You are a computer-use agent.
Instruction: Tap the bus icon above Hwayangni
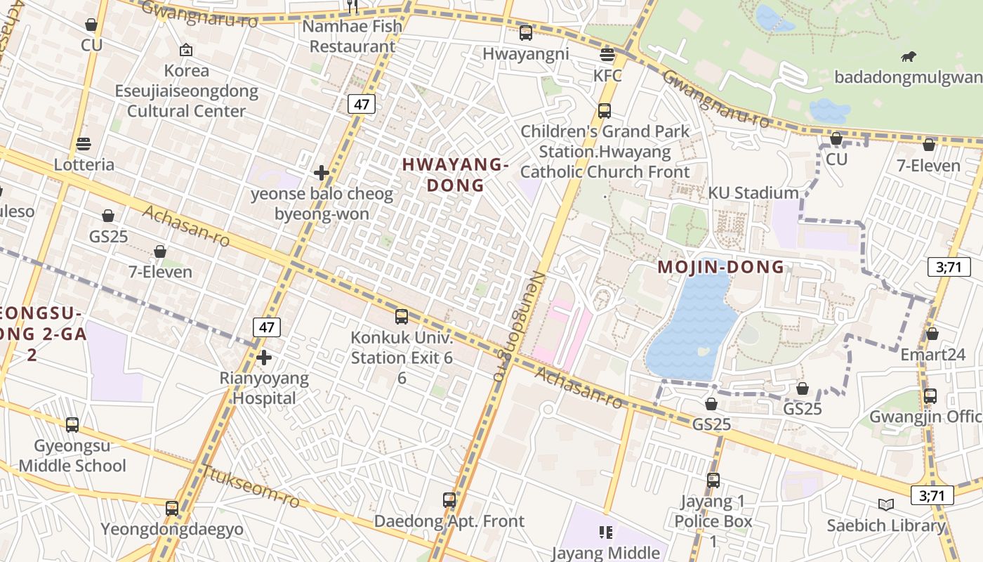pos(526,32)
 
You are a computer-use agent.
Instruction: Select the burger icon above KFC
pos(607,55)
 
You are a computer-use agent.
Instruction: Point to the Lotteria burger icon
pos(84,144)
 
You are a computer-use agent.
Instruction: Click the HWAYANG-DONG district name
pos(456,175)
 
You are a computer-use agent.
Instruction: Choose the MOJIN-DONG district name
pos(720,267)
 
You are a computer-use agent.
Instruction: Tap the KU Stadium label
pos(753,193)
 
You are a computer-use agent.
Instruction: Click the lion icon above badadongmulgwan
pos(909,57)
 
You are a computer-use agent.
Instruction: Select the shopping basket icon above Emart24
pos(932,334)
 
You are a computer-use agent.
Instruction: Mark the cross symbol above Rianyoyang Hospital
pos(264,358)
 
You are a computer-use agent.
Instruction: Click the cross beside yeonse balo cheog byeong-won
pos(322,173)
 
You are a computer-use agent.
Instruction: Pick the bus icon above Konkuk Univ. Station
pos(402,317)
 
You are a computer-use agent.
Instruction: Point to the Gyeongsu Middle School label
pos(72,456)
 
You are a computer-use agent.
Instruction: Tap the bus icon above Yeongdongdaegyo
pos(172,509)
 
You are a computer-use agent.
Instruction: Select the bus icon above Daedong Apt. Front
pos(449,500)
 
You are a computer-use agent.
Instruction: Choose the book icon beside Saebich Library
pos(886,504)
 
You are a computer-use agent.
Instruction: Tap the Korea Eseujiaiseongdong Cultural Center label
pos(186,91)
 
